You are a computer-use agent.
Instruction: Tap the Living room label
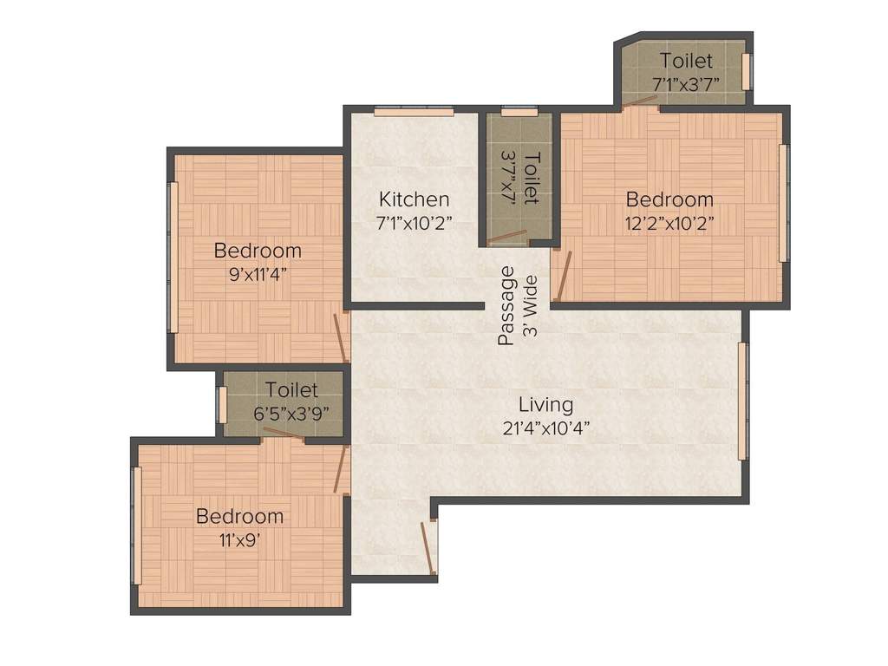545,404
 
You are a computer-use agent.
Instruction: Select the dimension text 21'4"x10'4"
545,427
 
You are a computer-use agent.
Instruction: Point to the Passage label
506,306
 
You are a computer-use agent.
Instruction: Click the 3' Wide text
531,306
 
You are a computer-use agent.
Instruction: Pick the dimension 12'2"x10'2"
670,223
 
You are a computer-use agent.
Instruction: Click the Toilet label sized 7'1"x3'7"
686,61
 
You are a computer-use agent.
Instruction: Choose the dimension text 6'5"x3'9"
291,413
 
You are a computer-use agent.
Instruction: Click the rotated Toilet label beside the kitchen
532,178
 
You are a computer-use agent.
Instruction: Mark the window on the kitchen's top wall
414,111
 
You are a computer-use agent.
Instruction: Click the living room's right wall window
742,401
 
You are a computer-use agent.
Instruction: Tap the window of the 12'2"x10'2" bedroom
784,203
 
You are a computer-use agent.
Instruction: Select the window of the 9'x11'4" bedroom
173,257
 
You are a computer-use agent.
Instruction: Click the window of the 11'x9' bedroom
135,526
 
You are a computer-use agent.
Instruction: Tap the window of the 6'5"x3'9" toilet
222,405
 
